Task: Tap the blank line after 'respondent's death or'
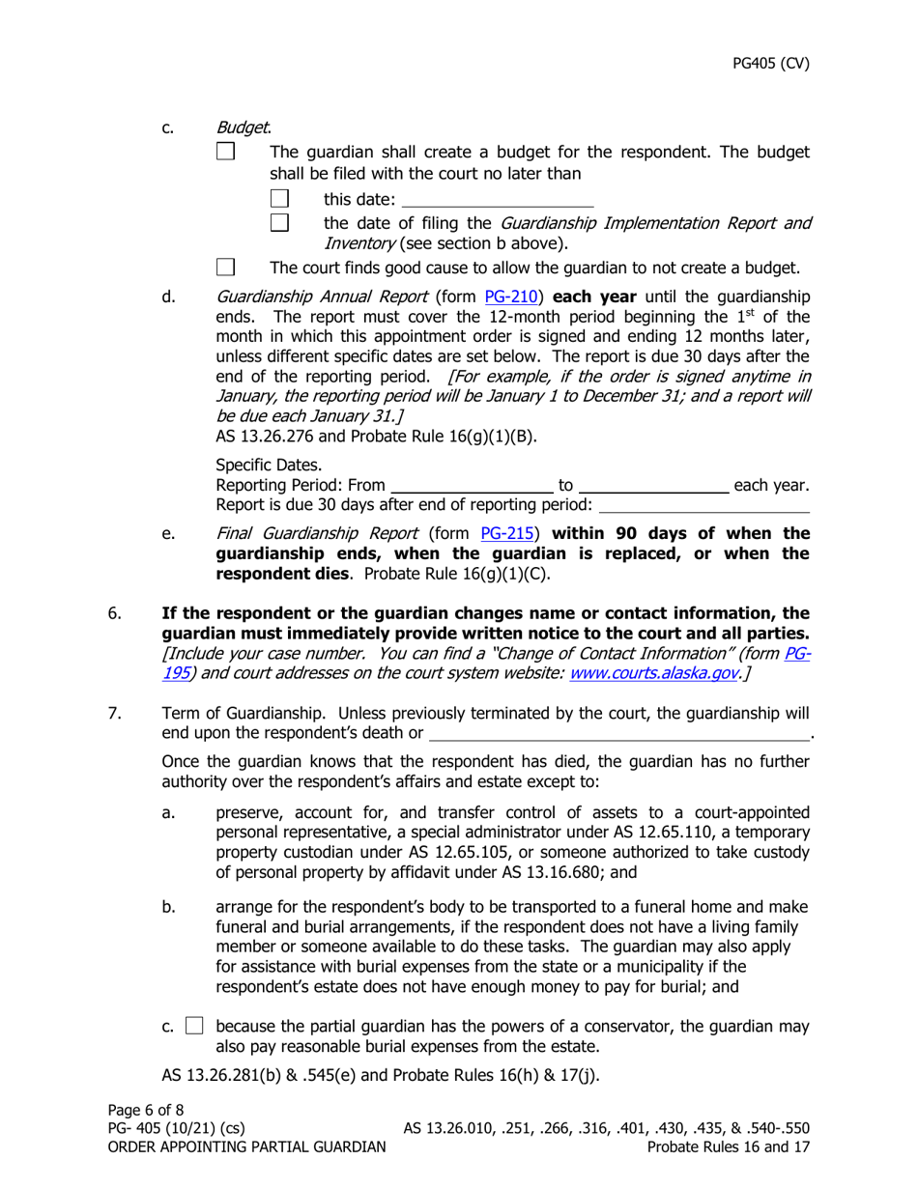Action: point(618,733)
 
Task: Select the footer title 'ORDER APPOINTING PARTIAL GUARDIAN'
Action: point(243,1146)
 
